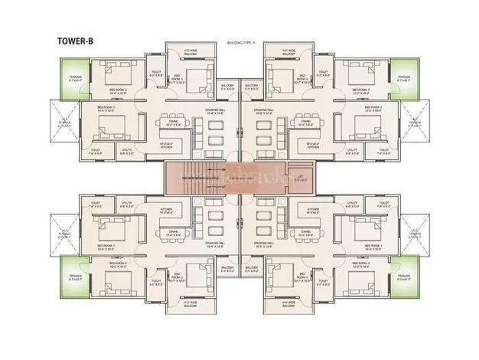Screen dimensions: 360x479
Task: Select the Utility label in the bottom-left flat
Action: click(126, 205)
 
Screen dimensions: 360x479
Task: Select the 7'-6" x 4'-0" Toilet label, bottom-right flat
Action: click(380, 205)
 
